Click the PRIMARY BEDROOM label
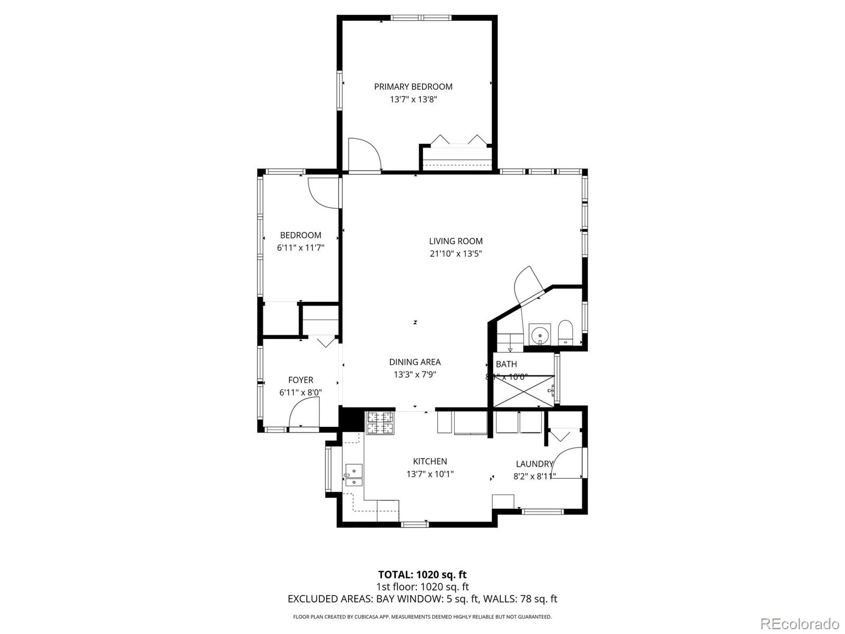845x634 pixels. (413, 87)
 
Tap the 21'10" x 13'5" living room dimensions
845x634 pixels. (456, 254)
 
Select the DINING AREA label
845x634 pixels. (415, 362)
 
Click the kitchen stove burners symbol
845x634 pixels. (380, 423)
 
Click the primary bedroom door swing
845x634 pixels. (364, 154)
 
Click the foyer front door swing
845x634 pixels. (304, 413)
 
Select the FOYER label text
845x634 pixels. (301, 380)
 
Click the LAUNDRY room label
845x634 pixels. (534, 464)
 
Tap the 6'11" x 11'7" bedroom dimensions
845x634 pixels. (301, 247)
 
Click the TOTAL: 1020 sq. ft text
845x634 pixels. (422, 574)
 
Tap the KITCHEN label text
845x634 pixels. (430, 461)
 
